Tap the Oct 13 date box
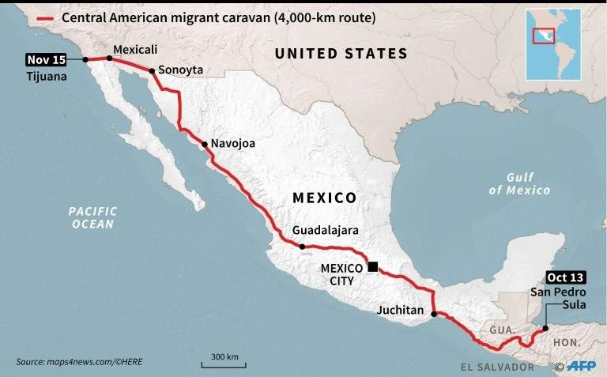pyautogui.click(x=566, y=277)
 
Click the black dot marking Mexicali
pyautogui.click(x=109, y=58)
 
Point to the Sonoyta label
pyautogui.click(x=180, y=70)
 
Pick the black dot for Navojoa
pyautogui.click(x=204, y=145)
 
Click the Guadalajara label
pyautogui.click(x=326, y=230)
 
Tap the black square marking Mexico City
pyautogui.click(x=373, y=267)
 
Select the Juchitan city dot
pyautogui.click(x=433, y=315)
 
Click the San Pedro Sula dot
pyautogui.click(x=545, y=327)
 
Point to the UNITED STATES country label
pyautogui.click(x=341, y=54)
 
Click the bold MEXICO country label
pyautogui.click(x=325, y=197)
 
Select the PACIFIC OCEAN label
pyautogui.click(x=92, y=217)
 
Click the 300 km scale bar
pyautogui.click(x=224, y=363)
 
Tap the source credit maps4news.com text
pyautogui.click(x=79, y=362)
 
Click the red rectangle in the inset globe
pyautogui.click(x=542, y=36)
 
